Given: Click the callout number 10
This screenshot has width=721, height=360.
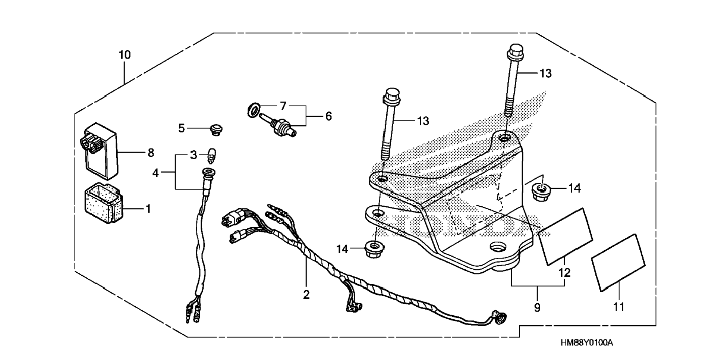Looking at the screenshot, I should point(125,55).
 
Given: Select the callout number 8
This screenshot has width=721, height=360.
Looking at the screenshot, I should point(151,153).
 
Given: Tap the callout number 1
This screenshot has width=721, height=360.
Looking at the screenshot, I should point(148,209).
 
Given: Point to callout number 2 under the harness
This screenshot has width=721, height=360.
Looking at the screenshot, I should point(306,295).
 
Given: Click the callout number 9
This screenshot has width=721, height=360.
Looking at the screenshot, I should point(537,308).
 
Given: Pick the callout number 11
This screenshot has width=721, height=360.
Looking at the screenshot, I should point(619,307).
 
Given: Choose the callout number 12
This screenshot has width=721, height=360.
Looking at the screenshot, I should point(564,273).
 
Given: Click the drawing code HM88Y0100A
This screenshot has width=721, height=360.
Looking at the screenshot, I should point(587,343).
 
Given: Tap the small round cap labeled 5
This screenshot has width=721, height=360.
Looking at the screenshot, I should point(215,129).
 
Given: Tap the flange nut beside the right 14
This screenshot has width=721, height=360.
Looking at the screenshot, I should point(539,192).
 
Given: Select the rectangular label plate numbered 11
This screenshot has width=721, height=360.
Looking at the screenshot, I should point(618,262).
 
